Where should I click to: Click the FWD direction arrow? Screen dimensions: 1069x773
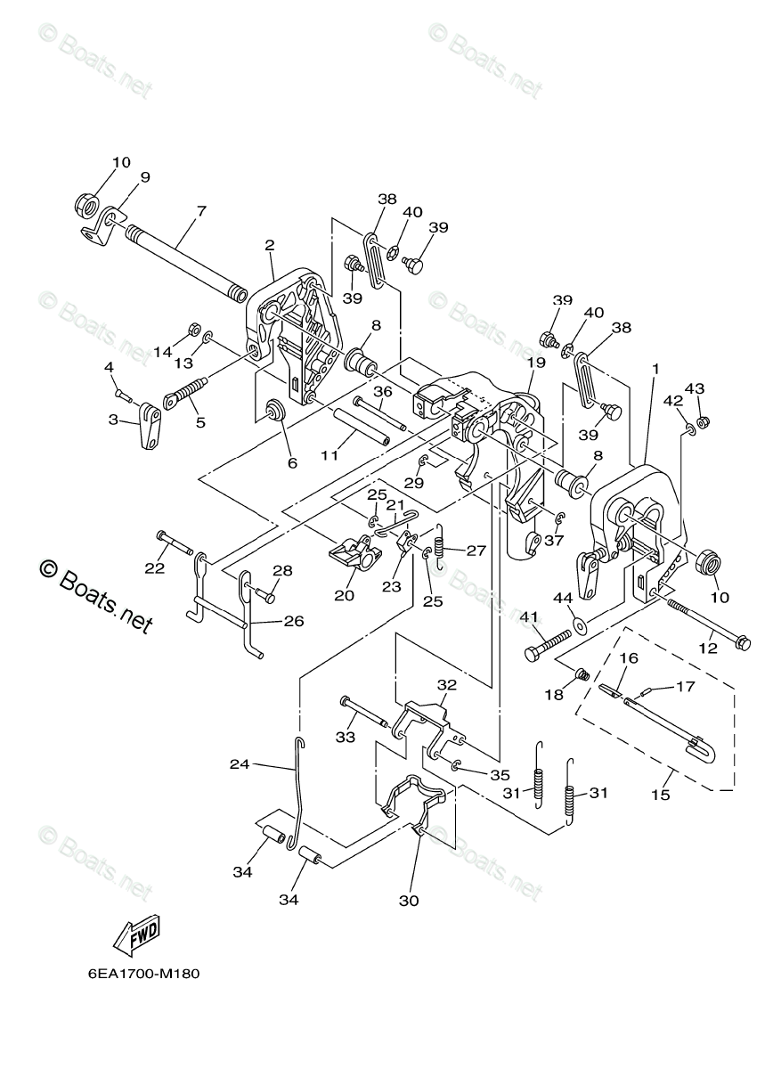135,934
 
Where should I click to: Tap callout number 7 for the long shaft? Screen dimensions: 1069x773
201,211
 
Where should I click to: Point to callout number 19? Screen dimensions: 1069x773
534,363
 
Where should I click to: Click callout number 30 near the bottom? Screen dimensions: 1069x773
409,901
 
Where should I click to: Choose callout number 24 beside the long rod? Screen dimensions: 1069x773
240,763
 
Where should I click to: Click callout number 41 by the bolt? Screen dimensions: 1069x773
530,616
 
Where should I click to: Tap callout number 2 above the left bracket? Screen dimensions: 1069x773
270,245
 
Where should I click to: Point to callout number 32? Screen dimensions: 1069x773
446,685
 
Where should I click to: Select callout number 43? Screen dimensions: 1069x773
695,388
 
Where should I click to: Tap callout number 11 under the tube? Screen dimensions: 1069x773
330,455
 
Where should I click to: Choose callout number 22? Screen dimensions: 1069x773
156,567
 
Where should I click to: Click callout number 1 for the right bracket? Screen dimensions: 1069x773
655,368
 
